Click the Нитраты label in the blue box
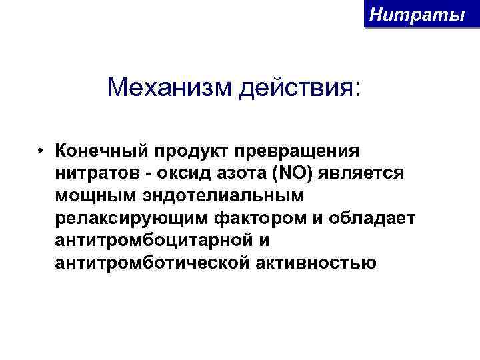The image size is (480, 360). [417, 13]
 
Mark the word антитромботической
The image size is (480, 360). [153, 263]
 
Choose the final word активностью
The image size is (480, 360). [316, 263]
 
